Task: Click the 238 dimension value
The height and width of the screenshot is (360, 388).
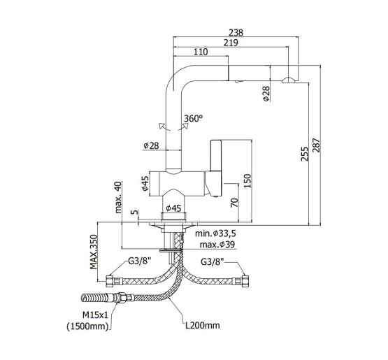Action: [x=236, y=32]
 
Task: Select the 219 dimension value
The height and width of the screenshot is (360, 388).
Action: [x=231, y=43]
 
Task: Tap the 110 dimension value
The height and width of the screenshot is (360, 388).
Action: [x=201, y=52]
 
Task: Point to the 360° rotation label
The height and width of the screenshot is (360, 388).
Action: [x=193, y=119]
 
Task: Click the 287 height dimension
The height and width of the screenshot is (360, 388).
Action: [x=316, y=145]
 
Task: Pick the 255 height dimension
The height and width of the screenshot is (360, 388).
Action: [x=305, y=154]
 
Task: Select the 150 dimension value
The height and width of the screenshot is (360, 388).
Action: [x=247, y=181]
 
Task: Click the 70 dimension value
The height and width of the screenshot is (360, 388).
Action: [x=234, y=203]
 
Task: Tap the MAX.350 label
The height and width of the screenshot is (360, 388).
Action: [x=94, y=252]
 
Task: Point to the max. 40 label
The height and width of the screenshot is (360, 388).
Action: [x=118, y=197]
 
